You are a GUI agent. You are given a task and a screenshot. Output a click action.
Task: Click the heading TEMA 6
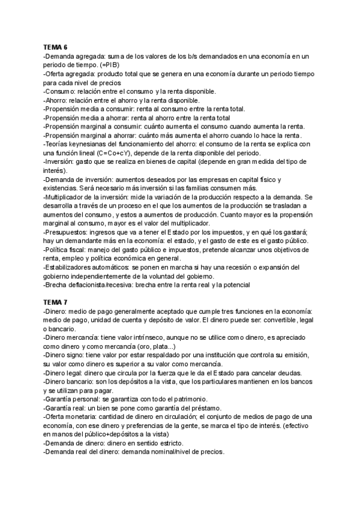click(55, 46)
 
